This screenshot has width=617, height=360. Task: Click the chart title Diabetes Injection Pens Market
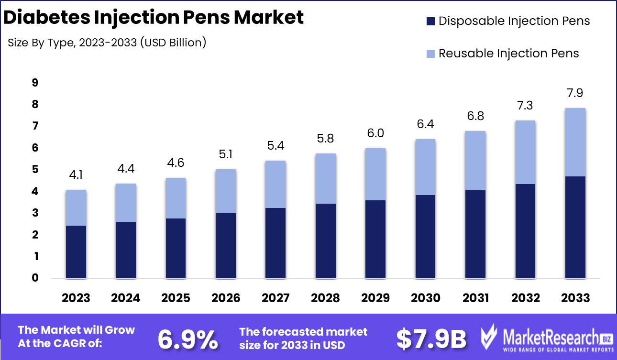[154, 18]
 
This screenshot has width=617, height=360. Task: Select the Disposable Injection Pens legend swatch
[430, 21]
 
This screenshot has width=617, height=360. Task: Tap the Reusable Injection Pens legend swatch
[430, 54]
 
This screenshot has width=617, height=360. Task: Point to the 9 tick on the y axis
[35, 83]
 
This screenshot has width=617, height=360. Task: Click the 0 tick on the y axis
[35, 278]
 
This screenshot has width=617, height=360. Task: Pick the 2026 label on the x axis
[226, 298]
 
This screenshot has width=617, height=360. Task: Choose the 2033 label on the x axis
[575, 298]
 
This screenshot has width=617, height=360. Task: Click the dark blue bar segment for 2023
[76, 252]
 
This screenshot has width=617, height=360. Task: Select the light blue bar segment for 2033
[575, 142]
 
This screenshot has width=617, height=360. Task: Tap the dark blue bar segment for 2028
[326, 241]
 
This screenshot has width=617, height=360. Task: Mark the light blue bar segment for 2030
[426, 167]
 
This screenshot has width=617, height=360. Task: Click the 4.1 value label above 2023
[76, 175]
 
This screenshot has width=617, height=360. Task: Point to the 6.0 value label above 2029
[375, 133]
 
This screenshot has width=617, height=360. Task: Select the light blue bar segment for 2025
[176, 198]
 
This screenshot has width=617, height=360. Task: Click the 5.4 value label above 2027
[275, 146]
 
